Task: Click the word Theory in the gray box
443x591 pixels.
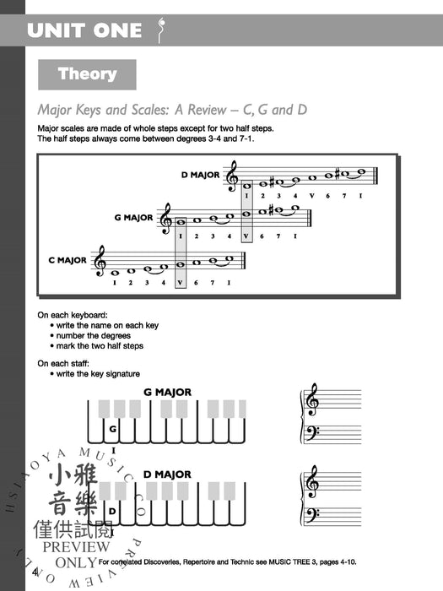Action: point(87,74)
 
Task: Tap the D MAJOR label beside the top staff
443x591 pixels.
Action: point(199,176)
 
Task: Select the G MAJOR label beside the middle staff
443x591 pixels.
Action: point(133,218)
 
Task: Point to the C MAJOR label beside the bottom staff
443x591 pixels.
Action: point(68,260)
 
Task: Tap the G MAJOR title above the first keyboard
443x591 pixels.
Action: point(167,392)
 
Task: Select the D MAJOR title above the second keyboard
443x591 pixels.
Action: point(167,474)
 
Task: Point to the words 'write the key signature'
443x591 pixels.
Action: point(98,374)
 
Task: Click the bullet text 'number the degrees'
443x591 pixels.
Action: point(95,335)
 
